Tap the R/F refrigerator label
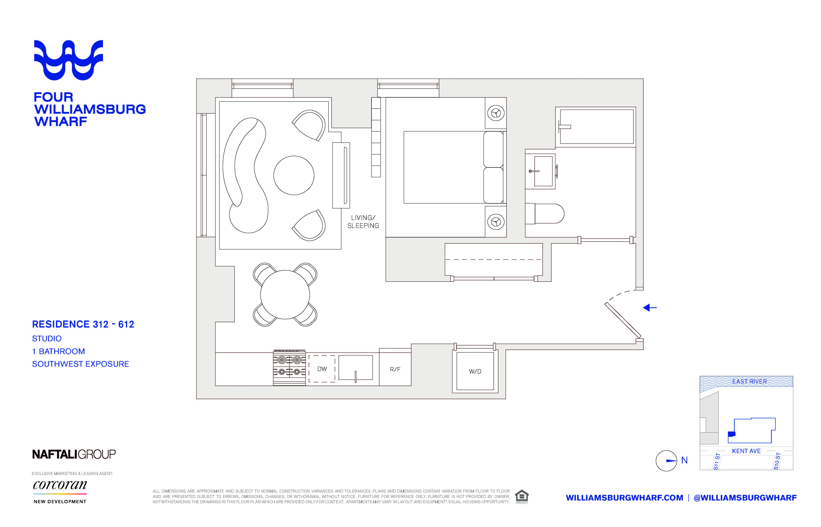(x=395, y=369)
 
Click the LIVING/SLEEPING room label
(x=363, y=221)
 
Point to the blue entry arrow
(x=650, y=308)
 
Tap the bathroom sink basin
(x=543, y=171)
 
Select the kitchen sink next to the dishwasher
(x=356, y=367)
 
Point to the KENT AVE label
(x=746, y=451)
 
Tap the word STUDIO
(x=47, y=338)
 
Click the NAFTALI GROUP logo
(x=74, y=454)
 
